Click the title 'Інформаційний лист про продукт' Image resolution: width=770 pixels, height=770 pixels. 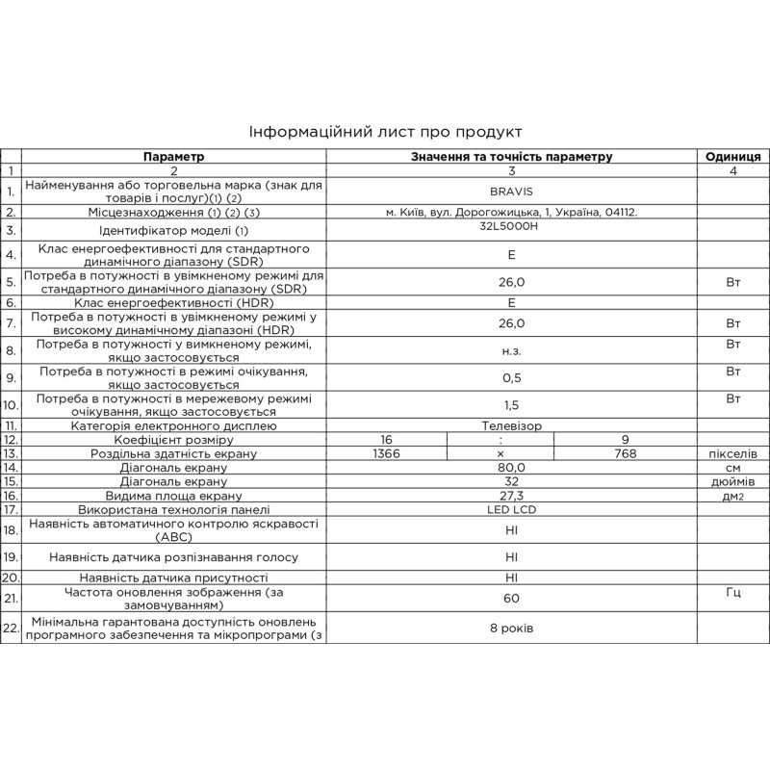coord(385,131)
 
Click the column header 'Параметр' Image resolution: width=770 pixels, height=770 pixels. coord(174,156)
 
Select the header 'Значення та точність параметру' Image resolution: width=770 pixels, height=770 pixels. coord(511,156)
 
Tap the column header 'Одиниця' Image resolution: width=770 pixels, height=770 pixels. coord(733,156)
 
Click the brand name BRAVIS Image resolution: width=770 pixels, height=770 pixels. coord(511,191)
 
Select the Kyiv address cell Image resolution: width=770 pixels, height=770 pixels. coord(511,212)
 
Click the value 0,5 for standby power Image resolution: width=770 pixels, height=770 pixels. coord(511,376)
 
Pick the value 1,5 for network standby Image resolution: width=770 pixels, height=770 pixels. coord(511,405)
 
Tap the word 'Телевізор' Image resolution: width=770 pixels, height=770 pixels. coord(511,424)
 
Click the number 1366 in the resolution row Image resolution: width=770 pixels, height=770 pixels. coord(385,452)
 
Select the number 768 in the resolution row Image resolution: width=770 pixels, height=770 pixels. coord(626,452)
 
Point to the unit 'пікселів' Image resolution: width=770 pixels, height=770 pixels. coord(733,452)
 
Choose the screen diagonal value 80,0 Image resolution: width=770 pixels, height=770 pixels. coord(511,467)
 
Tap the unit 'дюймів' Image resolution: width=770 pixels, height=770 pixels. coord(733,481)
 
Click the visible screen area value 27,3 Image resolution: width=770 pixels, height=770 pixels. coord(511,496)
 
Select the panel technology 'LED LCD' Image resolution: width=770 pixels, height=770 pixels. coord(511,509)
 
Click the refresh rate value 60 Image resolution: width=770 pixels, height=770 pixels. coord(511,599)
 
